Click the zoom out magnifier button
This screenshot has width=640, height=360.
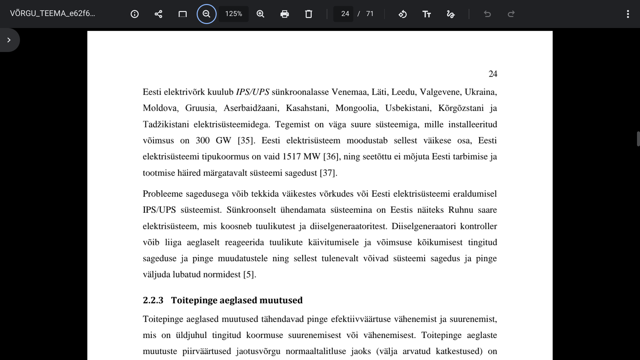pyautogui.click(x=206, y=14)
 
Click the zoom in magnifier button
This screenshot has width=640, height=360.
pyautogui.click(x=260, y=14)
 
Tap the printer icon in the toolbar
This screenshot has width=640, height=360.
pyautogui.click(x=284, y=14)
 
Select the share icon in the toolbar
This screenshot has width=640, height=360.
pyautogui.click(x=158, y=14)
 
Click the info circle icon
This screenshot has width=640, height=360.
pyautogui.click(x=135, y=14)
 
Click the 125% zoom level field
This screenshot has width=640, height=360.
pyautogui.click(x=233, y=14)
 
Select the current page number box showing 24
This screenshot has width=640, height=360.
pyautogui.click(x=345, y=14)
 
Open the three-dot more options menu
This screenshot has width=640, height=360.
pyautogui.click(x=628, y=14)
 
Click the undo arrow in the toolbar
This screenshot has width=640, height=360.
pyautogui.click(x=487, y=14)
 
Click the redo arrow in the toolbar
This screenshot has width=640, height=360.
pyautogui.click(x=511, y=14)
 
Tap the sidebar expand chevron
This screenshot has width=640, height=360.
pyautogui.click(x=9, y=40)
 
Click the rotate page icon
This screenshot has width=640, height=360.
pyautogui.click(x=402, y=14)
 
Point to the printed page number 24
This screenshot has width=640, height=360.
pyautogui.click(x=493, y=74)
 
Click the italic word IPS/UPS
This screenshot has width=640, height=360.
pyautogui.click(x=252, y=92)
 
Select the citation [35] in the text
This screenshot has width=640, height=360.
pyautogui.click(x=246, y=140)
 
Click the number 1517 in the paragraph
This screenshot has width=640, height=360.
pyautogui.click(x=292, y=157)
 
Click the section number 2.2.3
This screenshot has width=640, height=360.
pyautogui.click(x=153, y=300)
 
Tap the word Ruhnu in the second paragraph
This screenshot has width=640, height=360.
pyautogui.click(x=461, y=210)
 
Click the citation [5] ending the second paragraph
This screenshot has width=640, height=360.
pyautogui.click(x=249, y=275)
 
